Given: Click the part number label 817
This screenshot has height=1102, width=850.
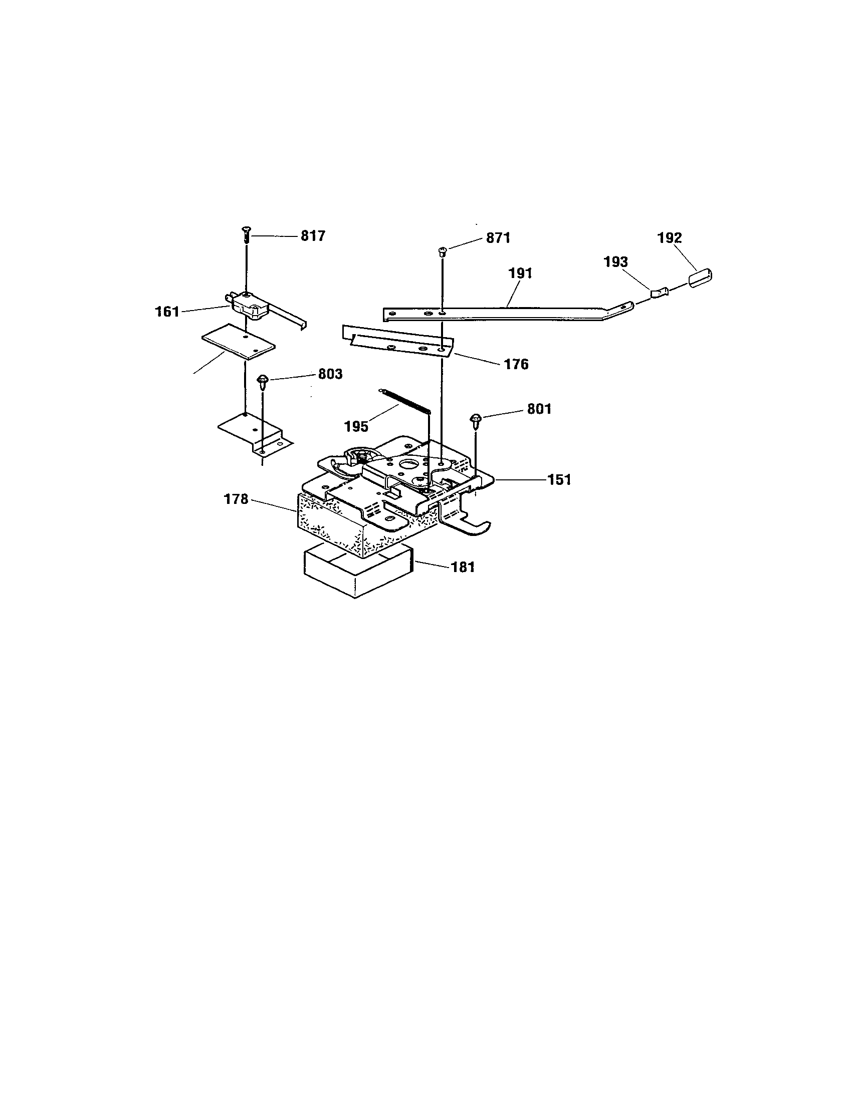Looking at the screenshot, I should [313, 235].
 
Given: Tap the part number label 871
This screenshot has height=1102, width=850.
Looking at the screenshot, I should [498, 237].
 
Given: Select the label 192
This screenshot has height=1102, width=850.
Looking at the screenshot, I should [669, 237].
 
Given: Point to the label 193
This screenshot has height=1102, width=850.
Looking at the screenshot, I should [616, 262].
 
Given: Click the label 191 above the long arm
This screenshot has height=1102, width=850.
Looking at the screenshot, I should [520, 273].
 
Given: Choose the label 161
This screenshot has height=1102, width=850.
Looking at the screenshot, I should [167, 312].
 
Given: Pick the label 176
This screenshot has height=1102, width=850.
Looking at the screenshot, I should [516, 364].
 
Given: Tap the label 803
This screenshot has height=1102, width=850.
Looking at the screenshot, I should [330, 374].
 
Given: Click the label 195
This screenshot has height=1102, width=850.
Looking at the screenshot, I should [356, 426].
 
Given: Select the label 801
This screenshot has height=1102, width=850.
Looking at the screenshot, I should [539, 409].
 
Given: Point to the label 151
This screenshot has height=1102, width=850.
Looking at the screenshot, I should [559, 479].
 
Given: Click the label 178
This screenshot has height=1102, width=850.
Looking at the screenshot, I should [236, 499].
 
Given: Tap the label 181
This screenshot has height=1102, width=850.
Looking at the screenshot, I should [463, 567].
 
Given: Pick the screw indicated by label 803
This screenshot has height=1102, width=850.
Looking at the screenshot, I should [263, 380].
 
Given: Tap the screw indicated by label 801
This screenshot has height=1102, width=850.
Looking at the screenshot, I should [476, 419].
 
